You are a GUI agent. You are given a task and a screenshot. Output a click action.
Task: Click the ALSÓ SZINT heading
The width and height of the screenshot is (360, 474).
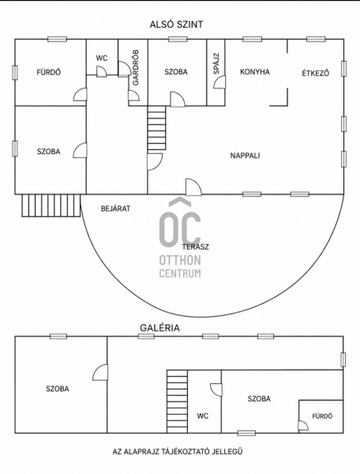coord(176,24)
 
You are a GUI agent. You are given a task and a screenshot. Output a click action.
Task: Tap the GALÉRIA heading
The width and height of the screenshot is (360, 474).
coord(159,328)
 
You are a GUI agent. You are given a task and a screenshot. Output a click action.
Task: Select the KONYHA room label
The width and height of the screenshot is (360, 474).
coord(255,72)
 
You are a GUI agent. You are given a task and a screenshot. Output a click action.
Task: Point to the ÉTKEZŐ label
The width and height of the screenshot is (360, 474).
coord(316,73)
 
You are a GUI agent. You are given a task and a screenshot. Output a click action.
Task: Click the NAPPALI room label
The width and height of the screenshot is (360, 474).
coord(245,156)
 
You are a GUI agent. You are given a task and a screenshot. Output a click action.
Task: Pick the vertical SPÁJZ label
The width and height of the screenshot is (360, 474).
coord(216,63)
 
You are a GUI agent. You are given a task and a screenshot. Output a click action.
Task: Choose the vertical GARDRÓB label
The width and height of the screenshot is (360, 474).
coord(136,67)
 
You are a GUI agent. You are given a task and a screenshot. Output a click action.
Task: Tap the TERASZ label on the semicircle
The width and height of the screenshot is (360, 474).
coord(196,246)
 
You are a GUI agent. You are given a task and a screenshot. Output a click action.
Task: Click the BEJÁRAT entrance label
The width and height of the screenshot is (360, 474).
coord(115,209)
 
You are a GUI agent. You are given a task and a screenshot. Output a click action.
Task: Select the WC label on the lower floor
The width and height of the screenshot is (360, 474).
coord(102,58)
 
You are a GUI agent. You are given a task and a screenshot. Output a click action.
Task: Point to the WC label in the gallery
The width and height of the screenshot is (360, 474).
coord(203,416)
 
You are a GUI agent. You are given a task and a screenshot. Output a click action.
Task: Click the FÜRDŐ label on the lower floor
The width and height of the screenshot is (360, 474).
coord(49,72)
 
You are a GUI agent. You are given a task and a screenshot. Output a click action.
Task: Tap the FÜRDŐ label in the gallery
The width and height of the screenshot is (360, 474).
coord(322,416)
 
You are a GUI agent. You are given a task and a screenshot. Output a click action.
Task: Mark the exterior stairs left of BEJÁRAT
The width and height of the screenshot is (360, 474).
coord(51,205)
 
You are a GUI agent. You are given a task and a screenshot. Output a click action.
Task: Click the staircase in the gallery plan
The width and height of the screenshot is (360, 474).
coord(178,401)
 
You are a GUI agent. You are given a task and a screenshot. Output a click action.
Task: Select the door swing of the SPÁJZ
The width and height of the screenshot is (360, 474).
coord(219,82)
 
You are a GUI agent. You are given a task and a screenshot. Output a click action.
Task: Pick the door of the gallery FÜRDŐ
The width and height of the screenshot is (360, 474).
coord(303,425)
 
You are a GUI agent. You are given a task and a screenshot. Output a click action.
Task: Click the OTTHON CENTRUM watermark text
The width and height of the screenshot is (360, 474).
coord(180,266)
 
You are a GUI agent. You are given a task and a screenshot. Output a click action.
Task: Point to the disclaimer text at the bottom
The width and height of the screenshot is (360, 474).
coord(178,452)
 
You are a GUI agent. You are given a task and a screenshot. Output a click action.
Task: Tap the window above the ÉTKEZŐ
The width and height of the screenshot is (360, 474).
coord(316,39)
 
